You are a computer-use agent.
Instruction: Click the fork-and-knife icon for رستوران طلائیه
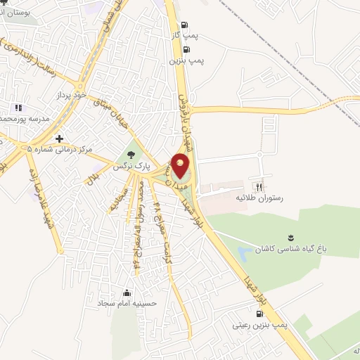259,187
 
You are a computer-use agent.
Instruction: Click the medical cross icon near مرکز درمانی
60,138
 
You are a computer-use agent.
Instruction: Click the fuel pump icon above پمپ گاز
184,23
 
